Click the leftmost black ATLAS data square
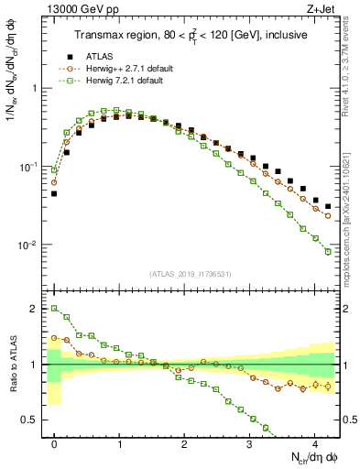coord(54,193)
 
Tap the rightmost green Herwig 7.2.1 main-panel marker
coord(328,252)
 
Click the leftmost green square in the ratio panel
coord(54,309)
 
